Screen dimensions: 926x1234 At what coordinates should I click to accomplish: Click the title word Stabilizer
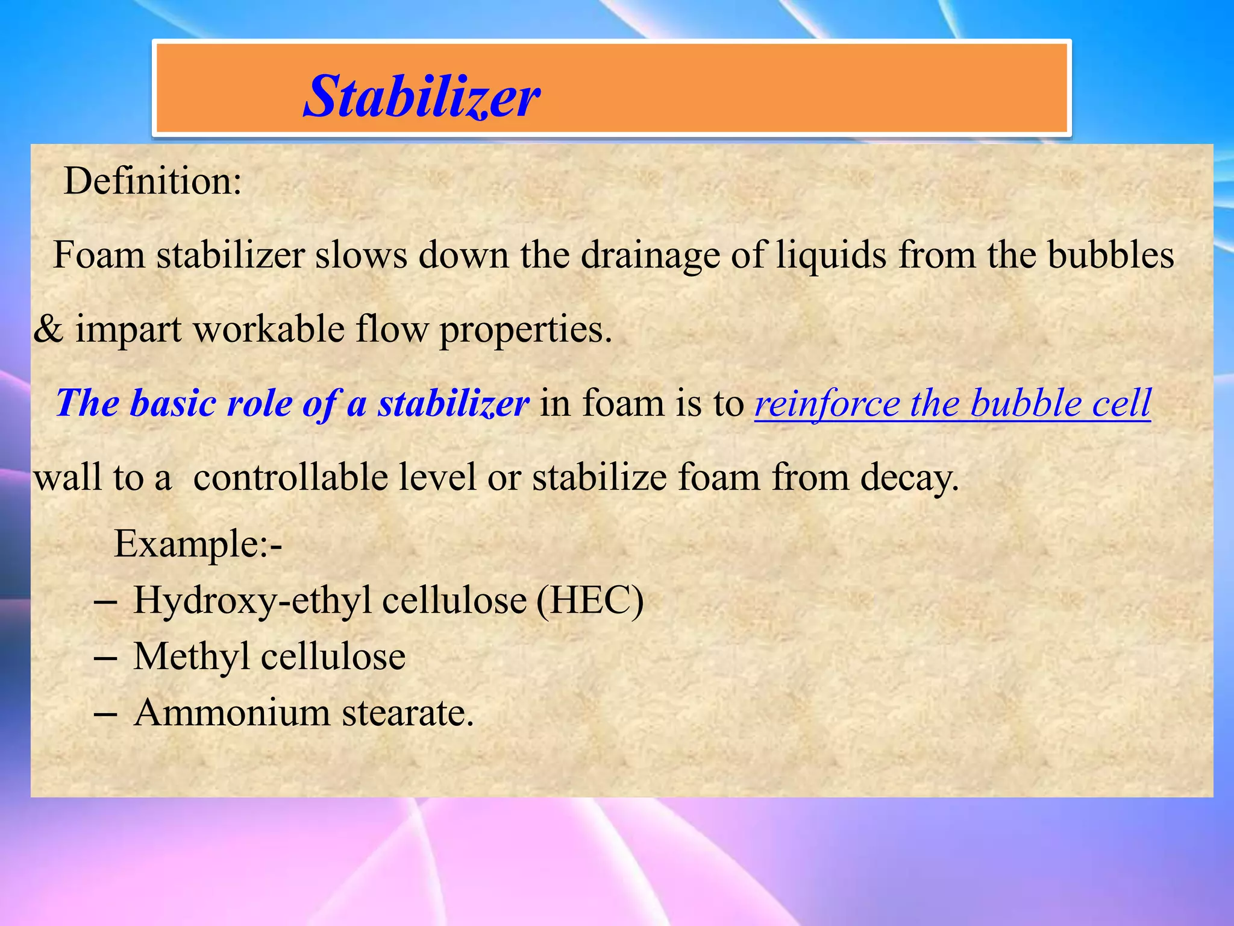tap(421, 96)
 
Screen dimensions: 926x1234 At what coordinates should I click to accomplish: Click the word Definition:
tap(153, 181)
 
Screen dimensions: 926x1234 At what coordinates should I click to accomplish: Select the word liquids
tap(831, 254)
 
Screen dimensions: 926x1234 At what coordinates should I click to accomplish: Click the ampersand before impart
tap(48, 330)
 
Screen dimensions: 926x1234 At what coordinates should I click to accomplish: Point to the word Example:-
tap(198, 544)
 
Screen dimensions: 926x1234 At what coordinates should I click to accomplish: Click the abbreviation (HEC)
tap(590, 600)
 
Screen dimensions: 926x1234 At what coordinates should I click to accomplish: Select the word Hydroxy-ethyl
tap(252, 602)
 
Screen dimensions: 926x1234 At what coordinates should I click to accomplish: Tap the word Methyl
tap(191, 657)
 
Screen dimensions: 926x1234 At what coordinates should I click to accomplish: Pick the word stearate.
tap(408, 713)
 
